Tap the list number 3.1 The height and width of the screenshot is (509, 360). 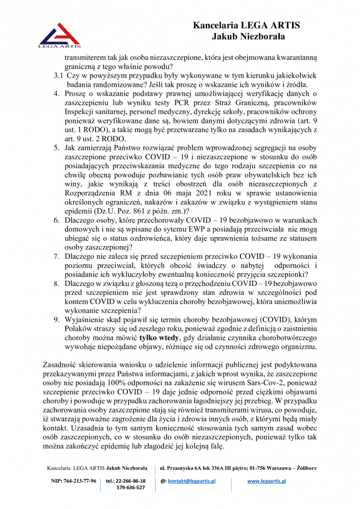58,75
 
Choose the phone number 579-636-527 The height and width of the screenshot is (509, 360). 131,487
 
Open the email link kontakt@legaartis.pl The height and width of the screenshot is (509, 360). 192,481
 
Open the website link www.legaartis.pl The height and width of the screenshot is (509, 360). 267,481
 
